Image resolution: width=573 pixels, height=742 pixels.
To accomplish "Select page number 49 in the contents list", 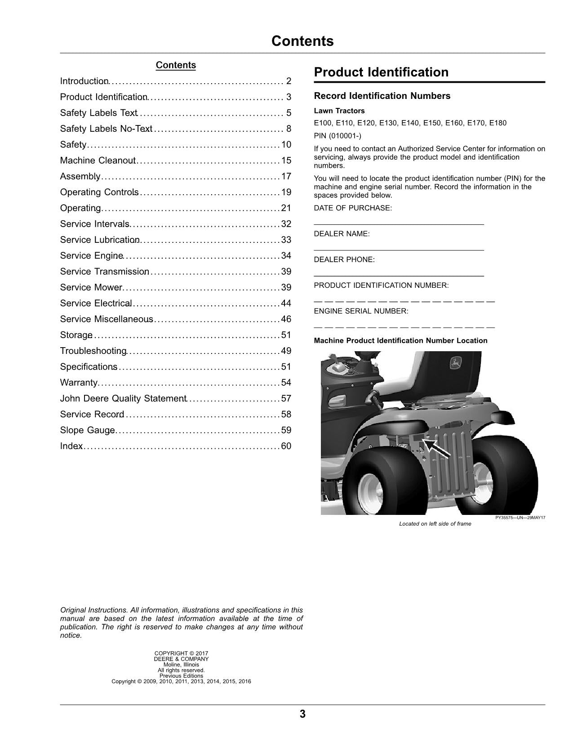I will [x=286, y=351].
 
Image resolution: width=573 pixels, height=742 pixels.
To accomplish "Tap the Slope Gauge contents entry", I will [x=87, y=430].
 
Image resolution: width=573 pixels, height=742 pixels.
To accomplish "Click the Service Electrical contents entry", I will [x=96, y=304].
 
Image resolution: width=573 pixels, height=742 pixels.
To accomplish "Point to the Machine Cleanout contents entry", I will [x=98, y=161].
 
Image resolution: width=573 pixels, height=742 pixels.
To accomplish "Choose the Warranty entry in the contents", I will [x=79, y=383].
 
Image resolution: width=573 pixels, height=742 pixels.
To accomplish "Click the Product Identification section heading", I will [x=381, y=72].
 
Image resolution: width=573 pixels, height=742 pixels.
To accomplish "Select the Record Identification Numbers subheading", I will [x=382, y=96].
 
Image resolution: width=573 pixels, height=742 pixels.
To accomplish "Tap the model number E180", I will [x=497, y=123].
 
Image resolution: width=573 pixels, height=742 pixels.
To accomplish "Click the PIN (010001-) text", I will [x=338, y=136].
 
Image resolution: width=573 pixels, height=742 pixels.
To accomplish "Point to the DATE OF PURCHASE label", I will [x=353, y=208].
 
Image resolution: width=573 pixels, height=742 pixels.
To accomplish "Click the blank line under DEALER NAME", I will [x=399, y=249].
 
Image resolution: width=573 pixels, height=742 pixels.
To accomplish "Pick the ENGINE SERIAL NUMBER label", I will [x=361, y=311].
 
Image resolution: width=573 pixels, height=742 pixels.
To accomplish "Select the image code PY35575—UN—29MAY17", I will [x=520, y=518].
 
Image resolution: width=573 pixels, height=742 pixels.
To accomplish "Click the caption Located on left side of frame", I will [x=435, y=524].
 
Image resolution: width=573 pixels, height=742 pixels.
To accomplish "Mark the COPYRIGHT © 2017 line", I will [x=181, y=653].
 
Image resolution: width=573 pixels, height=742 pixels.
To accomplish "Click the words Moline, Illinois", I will [x=181, y=665].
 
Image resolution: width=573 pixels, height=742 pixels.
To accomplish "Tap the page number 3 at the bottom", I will [x=302, y=714].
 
